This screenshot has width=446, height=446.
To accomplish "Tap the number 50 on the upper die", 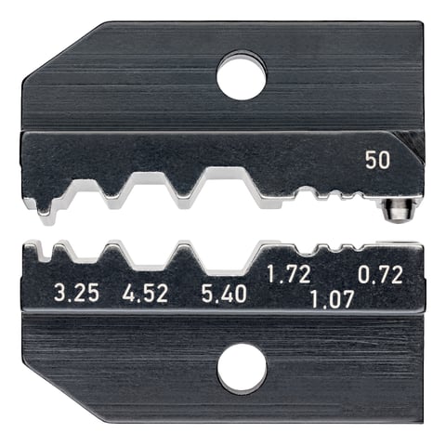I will click(376, 160).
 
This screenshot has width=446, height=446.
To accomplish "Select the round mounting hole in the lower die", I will click(242, 368).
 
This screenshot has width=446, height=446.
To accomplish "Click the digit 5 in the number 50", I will click(370, 160).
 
